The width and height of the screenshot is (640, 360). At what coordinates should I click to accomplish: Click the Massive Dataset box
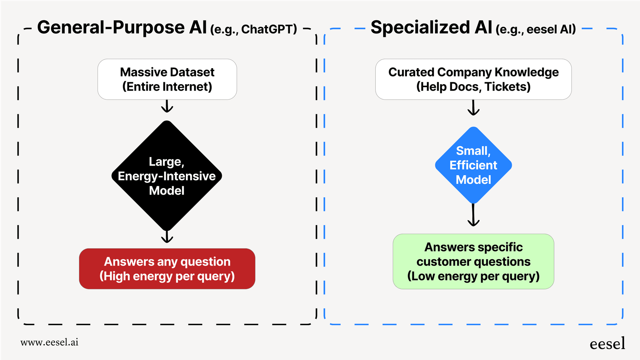click(167, 79)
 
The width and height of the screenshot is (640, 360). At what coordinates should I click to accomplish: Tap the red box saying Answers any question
click(167, 269)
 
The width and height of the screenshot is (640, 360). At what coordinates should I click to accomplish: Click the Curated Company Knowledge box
click(473, 79)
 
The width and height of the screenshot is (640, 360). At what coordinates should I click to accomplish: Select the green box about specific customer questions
click(473, 261)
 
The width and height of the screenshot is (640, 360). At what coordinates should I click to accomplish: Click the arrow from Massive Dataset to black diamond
click(167, 106)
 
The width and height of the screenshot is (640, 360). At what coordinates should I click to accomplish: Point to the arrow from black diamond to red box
click(167, 237)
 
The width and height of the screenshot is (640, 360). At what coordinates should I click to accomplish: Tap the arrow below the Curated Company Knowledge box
click(473, 107)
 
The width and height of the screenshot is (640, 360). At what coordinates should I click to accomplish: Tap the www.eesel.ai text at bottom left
click(50, 342)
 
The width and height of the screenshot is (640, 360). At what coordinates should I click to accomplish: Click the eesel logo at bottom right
click(607, 343)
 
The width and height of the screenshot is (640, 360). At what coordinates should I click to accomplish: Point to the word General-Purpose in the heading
click(111, 27)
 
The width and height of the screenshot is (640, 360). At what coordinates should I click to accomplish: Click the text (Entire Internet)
click(167, 86)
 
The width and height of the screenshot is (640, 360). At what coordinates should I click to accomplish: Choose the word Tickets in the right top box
click(507, 86)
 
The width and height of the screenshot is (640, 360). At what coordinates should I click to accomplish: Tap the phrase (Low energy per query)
click(473, 276)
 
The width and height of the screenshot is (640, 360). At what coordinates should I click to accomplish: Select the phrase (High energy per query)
click(167, 276)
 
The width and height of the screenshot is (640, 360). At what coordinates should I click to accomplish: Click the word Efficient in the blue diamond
click(473, 165)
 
